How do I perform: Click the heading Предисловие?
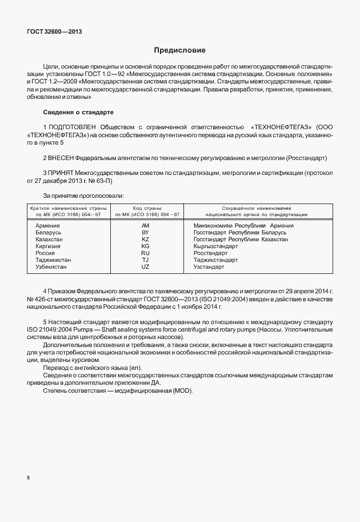coord(179,50)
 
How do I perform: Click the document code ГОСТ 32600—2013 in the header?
coord(54,31)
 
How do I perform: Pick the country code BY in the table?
coord(145,233)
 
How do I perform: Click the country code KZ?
coord(145,240)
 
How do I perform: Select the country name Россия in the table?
coord(45,253)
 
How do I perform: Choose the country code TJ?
coord(145,260)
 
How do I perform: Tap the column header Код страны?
coord(147,208)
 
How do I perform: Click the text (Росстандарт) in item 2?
coord(306,157)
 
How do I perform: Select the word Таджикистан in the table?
coord(53,260)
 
